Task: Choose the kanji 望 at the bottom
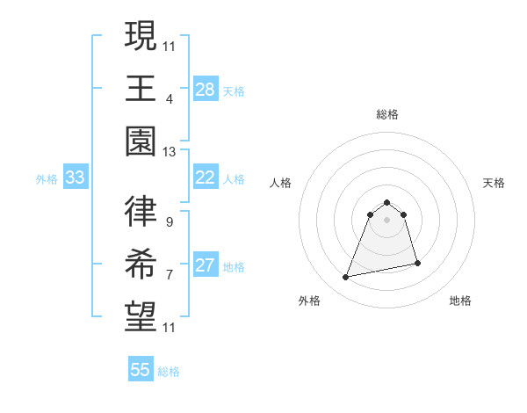tap(141, 317)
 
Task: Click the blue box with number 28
tap(206, 90)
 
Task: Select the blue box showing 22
tap(206, 178)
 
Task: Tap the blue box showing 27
tap(206, 266)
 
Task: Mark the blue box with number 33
tap(76, 178)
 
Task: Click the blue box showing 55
tap(141, 370)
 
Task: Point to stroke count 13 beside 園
tap(169, 151)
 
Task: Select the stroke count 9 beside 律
tap(169, 221)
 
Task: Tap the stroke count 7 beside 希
tap(169, 274)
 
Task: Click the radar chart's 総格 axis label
tap(387, 114)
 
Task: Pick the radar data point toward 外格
tap(346, 278)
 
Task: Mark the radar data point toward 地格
tap(417, 263)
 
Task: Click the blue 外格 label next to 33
tap(47, 178)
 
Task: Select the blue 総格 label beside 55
tap(169, 371)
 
